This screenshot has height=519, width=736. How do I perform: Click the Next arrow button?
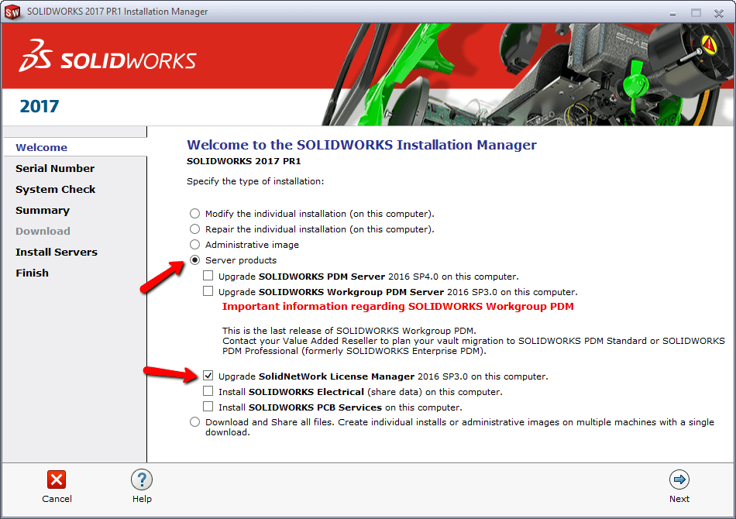[679, 479]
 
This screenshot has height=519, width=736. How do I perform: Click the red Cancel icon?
[57, 479]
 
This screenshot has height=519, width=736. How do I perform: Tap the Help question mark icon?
[142, 479]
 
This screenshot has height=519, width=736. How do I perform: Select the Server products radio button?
[194, 260]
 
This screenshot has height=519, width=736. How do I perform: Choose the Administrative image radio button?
[194, 245]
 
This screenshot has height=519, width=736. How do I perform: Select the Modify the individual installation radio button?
[194, 214]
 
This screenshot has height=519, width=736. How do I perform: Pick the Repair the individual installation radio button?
[194, 229]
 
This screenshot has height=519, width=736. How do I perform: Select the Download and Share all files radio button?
[194, 422]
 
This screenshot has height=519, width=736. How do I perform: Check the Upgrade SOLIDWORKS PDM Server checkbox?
[208, 276]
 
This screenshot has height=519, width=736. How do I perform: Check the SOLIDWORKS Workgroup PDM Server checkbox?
[208, 291]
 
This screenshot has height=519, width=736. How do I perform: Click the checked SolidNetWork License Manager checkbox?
[208, 376]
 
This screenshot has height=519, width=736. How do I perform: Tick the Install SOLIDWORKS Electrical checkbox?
[208, 391]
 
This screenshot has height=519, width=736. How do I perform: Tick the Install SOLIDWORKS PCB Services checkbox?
[208, 407]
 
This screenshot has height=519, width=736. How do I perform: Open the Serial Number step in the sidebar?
[55, 168]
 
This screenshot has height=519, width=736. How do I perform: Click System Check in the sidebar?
[56, 189]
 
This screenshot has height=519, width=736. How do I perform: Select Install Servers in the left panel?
[57, 252]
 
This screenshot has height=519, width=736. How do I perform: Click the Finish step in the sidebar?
[32, 273]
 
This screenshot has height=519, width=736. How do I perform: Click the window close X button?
[717, 12]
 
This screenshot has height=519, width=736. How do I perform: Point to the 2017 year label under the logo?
[40, 107]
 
